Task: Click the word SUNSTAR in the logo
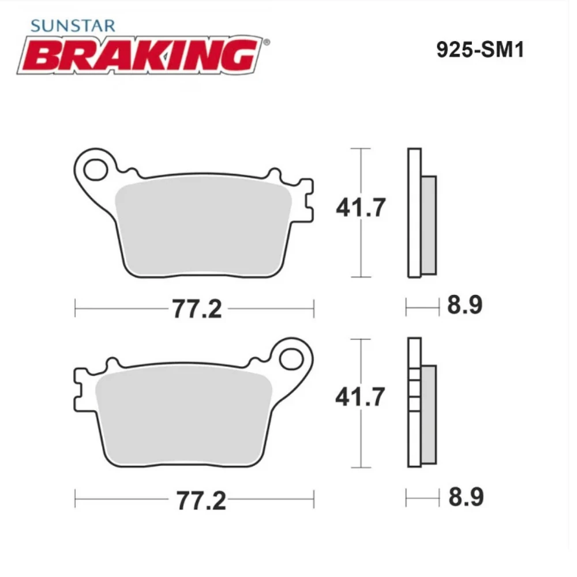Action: click(x=73, y=25)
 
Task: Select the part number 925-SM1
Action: click(x=480, y=50)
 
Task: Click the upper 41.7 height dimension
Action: click(x=360, y=208)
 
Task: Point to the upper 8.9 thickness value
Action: click(x=464, y=305)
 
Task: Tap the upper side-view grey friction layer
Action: click(x=429, y=225)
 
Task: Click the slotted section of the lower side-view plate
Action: click(x=414, y=392)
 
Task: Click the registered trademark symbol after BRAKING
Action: click(x=265, y=42)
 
